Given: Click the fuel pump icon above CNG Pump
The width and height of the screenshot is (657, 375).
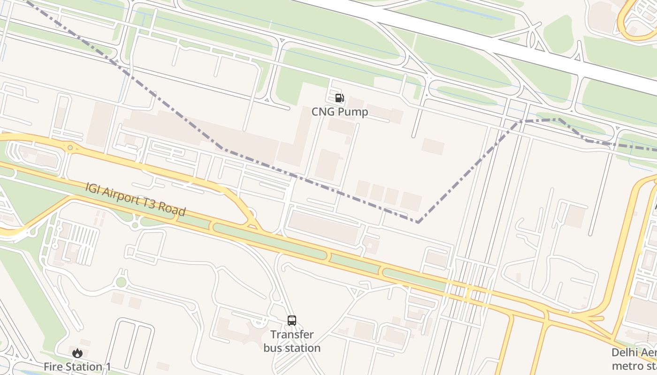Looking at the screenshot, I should pos(339,98).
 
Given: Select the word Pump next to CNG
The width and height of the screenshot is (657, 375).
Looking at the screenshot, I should pos(352,112).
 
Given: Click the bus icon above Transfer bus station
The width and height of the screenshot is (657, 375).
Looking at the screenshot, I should pos(292,321).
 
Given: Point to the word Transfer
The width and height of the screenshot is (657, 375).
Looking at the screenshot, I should pos(292,335).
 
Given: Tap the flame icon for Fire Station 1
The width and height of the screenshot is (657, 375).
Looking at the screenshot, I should pos(77,353).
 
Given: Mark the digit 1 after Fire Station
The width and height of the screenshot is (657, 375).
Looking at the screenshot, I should pos(108,367).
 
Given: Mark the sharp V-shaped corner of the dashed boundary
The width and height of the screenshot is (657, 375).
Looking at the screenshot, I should pos(417,222).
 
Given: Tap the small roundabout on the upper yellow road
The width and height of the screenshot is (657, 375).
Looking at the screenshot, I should pos(70,148).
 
